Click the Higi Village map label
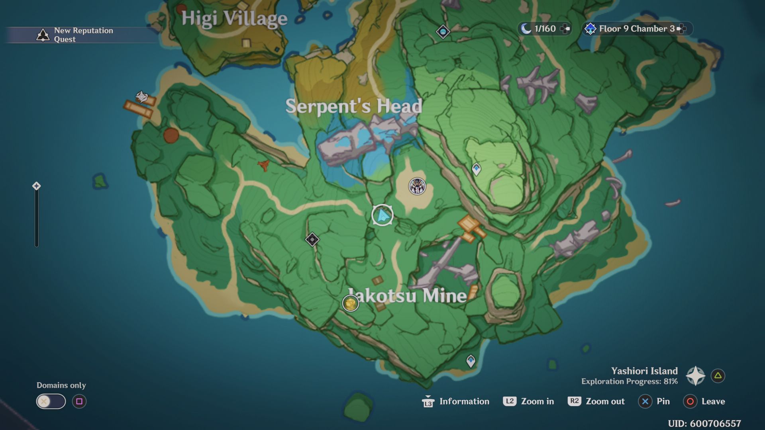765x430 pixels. coord(234,19)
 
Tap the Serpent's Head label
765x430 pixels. coord(353,106)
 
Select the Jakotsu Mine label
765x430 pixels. coord(407,295)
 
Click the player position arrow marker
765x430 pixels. coord(382,215)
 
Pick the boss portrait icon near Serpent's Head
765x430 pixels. coord(417,186)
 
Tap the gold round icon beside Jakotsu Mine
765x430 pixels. coord(351,303)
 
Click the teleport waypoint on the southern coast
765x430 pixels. coord(471,361)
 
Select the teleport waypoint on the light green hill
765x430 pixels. coord(476,169)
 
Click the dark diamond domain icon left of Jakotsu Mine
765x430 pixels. coord(312,239)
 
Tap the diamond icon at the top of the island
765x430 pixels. coord(443,31)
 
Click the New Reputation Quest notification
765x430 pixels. coord(76,35)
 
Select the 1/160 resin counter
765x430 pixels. coord(544,29)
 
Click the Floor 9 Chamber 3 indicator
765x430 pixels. coord(636,29)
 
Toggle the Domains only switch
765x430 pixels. coord(51,401)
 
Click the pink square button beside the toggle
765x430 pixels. coord(79,401)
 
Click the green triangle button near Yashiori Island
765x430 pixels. coord(718,375)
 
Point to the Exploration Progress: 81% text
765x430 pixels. coord(629,381)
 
